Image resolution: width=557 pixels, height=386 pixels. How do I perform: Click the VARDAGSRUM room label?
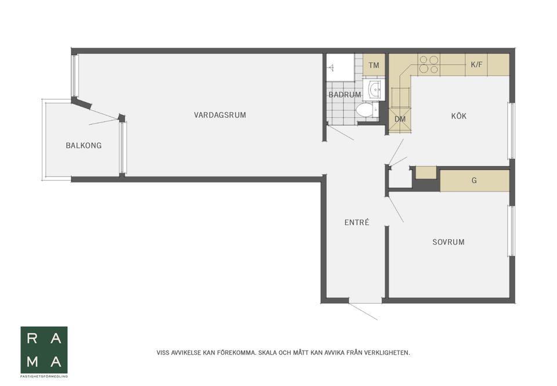click(x=220, y=115)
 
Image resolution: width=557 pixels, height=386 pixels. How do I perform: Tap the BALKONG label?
click(x=84, y=145)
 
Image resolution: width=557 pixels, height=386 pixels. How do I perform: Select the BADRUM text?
click(x=345, y=95)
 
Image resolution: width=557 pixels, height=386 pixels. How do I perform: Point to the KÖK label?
click(x=458, y=116)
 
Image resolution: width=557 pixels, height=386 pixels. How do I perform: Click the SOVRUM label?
click(x=449, y=242)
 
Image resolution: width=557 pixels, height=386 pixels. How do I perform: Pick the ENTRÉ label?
click(x=357, y=222)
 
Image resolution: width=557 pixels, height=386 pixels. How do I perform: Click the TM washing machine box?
click(x=374, y=65)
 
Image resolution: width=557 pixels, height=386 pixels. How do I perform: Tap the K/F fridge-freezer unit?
click(x=476, y=64)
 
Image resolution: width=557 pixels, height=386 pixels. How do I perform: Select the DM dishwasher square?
click(x=400, y=119)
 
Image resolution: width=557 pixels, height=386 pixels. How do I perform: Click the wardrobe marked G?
click(x=475, y=181)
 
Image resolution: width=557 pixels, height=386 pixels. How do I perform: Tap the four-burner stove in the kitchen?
click(x=429, y=64)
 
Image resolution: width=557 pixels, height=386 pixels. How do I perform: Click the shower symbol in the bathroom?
click(x=332, y=67)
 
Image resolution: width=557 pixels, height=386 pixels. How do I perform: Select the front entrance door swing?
click(x=363, y=311)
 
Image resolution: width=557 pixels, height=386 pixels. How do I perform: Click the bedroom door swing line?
click(x=395, y=209)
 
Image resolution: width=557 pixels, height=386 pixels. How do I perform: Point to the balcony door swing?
click(x=103, y=117)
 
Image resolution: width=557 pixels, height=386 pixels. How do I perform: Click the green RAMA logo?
click(x=44, y=350)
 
